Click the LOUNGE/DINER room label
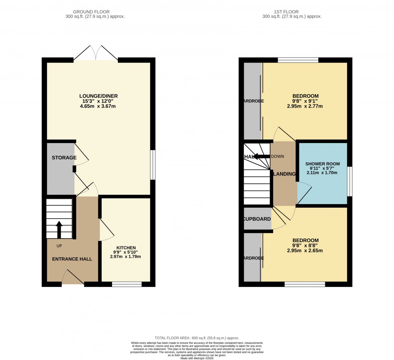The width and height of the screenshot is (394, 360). pos(98,96)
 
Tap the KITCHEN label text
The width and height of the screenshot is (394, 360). pos(126,248)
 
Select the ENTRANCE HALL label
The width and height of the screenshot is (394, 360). pos(72,259)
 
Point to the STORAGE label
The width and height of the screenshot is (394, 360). pos(64,158)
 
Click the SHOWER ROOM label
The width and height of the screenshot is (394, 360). pos(321,164)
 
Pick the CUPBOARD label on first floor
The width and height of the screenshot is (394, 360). pos(257,219)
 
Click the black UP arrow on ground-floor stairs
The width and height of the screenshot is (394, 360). pos(59,229)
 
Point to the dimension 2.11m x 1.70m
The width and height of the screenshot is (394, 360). pos(321,173)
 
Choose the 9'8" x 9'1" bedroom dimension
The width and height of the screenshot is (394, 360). pos(305,101)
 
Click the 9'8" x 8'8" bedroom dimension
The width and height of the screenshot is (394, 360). pos(305,246)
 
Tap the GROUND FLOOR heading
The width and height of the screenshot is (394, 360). pos(95,12)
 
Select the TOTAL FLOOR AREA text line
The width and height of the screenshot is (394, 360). pos(197,338)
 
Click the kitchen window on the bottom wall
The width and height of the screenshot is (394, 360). pos(127,284)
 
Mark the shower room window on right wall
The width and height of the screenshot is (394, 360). pos(350,181)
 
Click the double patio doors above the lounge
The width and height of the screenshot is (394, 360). pos(96,53)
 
